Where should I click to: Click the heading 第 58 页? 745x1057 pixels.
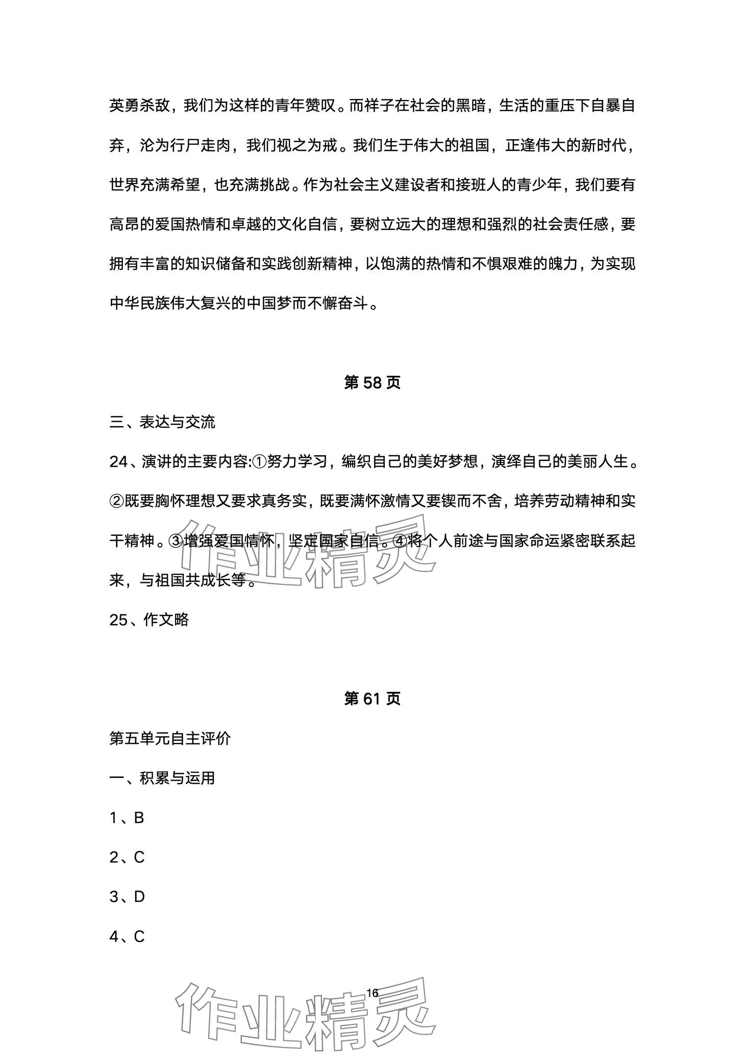pyautogui.click(x=372, y=382)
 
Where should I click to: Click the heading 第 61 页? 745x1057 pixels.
pyautogui.click(x=372, y=699)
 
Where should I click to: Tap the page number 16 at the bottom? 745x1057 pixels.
pyautogui.click(x=372, y=993)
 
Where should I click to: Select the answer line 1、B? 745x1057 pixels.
pyautogui.click(x=127, y=818)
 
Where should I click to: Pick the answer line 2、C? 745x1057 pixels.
pyautogui.click(x=127, y=857)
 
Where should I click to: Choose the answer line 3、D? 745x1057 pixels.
pyautogui.click(x=127, y=896)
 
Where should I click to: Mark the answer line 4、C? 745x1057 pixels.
pyautogui.click(x=127, y=936)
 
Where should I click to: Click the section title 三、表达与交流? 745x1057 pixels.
pyautogui.click(x=162, y=422)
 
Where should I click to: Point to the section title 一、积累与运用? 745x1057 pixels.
pyautogui.click(x=162, y=778)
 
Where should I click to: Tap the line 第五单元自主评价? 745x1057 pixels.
pyautogui.click(x=170, y=738)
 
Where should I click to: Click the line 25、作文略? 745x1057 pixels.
pyautogui.click(x=149, y=620)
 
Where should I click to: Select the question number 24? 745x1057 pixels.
pyautogui.click(x=118, y=462)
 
